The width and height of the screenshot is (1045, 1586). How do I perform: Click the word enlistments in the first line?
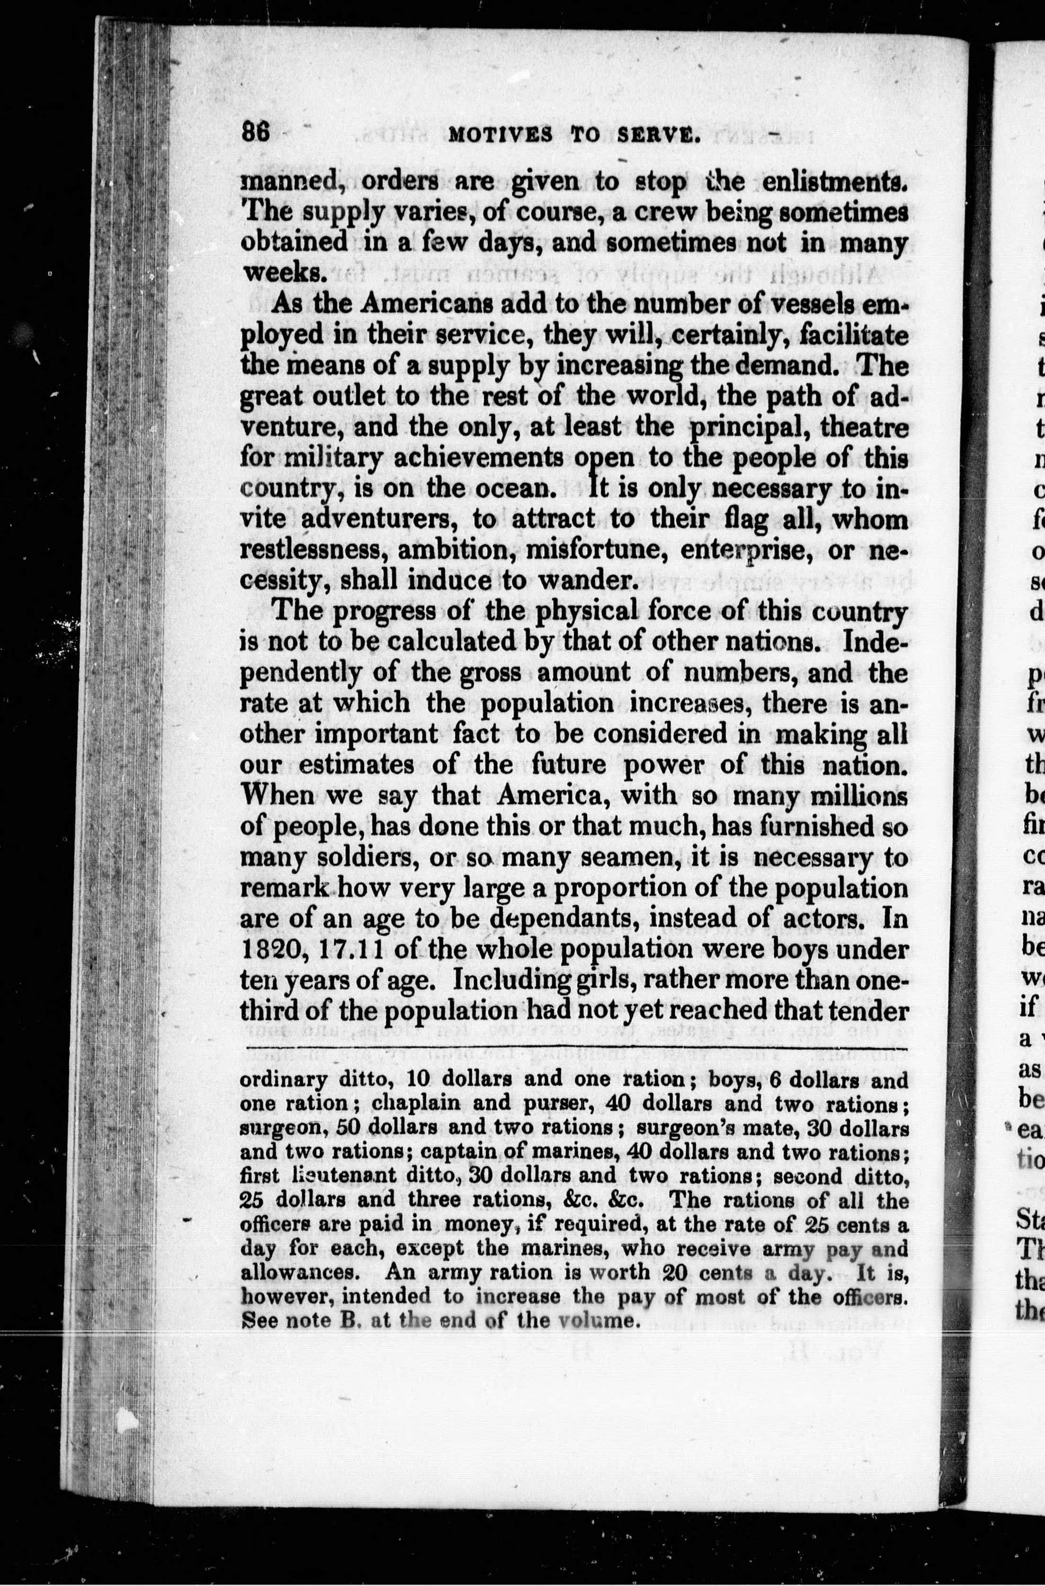834,182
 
